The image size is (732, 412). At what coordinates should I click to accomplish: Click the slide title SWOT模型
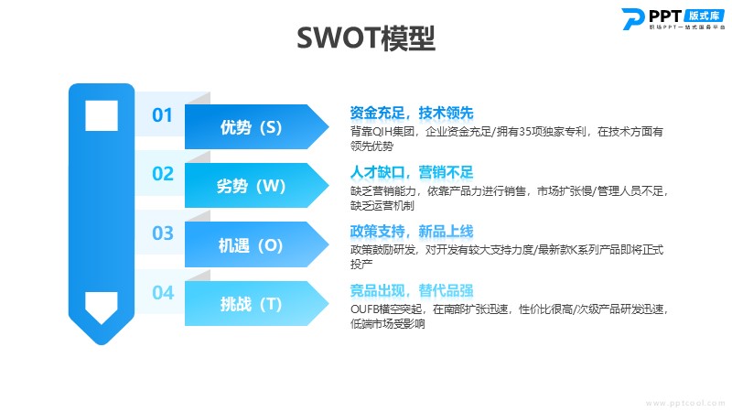point(366,38)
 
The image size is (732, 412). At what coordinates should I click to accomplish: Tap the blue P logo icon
point(633,19)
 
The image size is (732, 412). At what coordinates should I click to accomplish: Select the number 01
point(162,115)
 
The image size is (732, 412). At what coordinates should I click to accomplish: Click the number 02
point(163,174)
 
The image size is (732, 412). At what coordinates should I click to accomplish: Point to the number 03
point(163,233)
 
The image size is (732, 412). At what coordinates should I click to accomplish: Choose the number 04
point(163,293)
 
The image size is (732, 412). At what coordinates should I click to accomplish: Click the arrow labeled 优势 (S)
point(257,126)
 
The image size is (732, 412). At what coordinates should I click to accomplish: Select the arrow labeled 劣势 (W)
point(257,186)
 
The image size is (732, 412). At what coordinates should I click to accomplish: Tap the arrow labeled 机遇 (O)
point(257,244)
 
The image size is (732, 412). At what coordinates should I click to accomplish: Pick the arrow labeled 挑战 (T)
point(257,304)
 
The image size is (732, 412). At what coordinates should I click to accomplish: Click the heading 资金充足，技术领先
point(412,113)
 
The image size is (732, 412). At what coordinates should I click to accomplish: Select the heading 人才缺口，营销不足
point(412,172)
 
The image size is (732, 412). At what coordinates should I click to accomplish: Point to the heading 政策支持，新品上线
point(412,232)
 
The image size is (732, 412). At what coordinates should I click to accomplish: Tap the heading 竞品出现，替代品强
point(412,290)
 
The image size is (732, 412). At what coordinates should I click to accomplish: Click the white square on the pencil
point(102,115)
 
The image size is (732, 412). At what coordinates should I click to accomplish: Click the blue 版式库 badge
point(704,16)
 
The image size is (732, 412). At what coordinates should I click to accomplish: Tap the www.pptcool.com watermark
point(685,403)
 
